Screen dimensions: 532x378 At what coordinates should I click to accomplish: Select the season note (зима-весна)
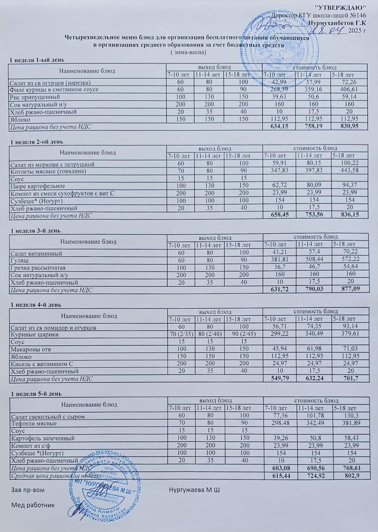(188, 52)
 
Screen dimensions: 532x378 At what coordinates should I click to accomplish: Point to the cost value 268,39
(278, 89)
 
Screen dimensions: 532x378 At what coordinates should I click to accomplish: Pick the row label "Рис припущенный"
(35, 97)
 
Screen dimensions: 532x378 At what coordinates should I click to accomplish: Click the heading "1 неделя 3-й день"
(35, 231)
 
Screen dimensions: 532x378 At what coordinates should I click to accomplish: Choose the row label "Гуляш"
(18, 260)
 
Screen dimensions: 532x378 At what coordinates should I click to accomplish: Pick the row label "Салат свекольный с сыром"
(48, 416)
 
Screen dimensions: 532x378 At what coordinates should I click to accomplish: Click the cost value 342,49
(314, 424)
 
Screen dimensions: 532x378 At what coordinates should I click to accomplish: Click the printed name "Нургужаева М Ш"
(194, 489)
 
